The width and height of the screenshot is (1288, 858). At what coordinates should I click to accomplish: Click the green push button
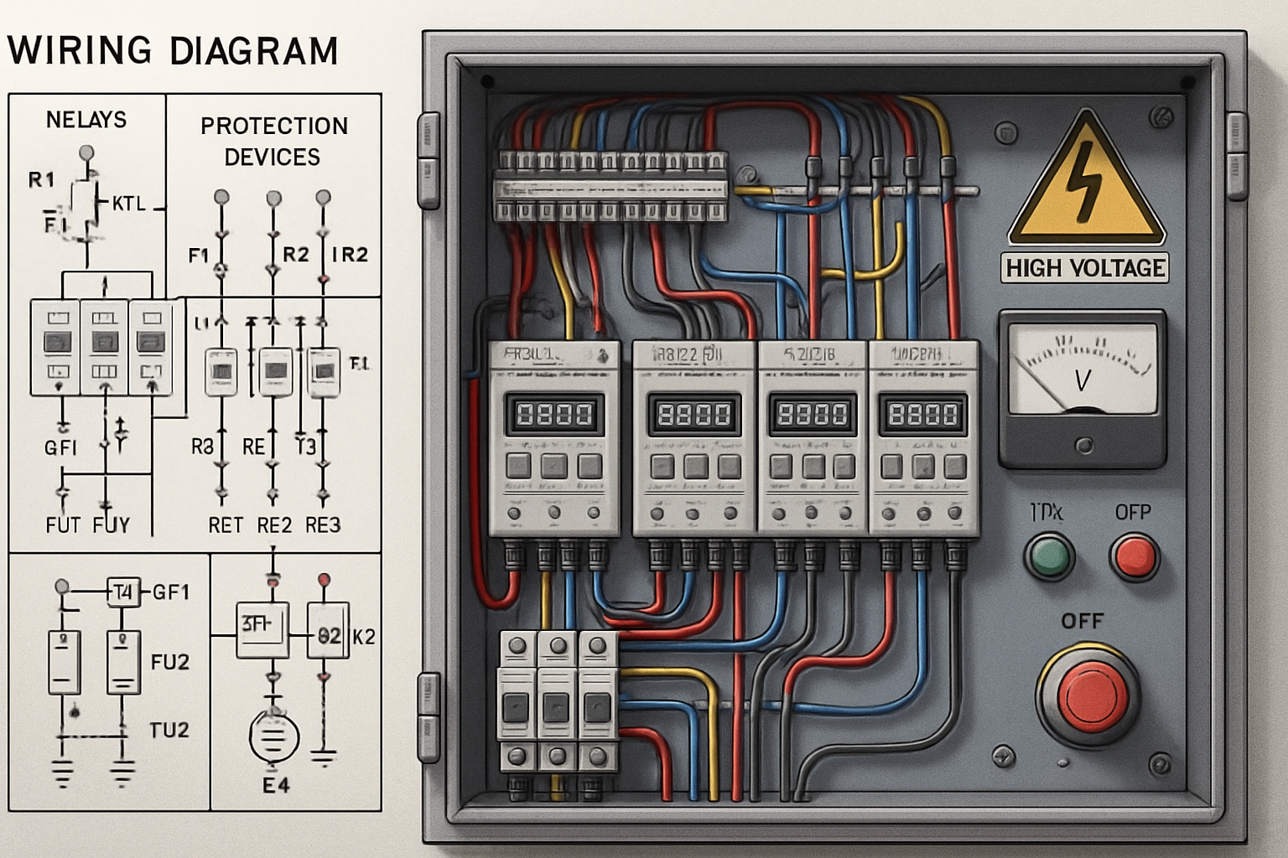1049,556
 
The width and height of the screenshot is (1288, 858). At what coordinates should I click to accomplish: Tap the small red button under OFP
1134,557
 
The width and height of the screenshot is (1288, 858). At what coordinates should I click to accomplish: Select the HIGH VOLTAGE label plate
1085,268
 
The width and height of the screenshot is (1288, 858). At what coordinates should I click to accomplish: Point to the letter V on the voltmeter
1082,381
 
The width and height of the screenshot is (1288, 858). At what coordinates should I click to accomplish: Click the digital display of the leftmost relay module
554,414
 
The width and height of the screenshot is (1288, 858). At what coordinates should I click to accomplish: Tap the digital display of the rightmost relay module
922,414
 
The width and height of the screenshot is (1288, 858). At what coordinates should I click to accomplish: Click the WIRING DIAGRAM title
172,50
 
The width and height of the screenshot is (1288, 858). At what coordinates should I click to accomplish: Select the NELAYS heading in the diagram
86,120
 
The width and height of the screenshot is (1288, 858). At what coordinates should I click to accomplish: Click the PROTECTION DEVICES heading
273,141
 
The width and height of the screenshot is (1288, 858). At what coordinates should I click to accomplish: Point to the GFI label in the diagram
60,448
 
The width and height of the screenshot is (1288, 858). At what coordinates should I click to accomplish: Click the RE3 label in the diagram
323,525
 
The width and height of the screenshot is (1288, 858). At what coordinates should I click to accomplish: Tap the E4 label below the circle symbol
276,785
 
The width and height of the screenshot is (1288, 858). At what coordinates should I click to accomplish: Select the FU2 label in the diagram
169,662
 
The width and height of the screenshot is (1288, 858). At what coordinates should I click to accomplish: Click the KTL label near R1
128,204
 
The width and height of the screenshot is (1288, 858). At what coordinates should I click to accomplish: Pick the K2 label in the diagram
363,637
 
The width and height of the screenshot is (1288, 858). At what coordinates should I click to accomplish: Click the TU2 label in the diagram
169,730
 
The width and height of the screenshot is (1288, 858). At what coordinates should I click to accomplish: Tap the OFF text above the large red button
1082,621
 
